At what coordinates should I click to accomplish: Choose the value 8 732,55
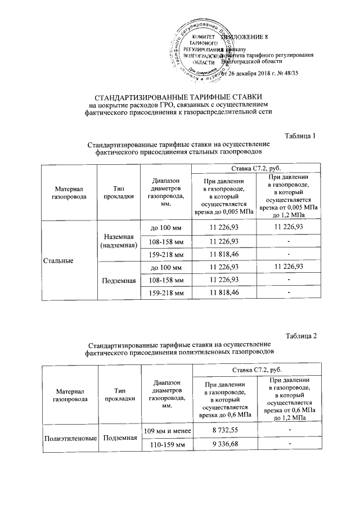(224, 430)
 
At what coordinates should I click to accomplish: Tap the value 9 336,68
(224, 444)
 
